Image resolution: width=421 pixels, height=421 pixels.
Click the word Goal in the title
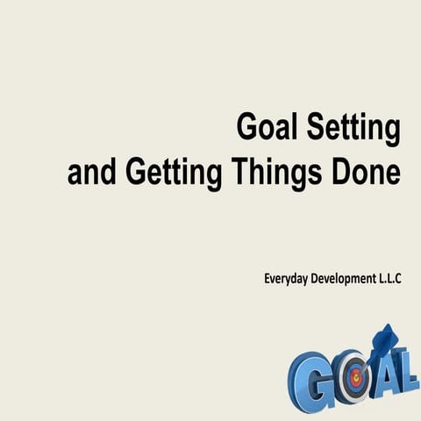(268, 130)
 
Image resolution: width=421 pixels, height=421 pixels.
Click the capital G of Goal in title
(248, 130)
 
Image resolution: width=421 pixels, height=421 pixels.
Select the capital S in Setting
(314, 130)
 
